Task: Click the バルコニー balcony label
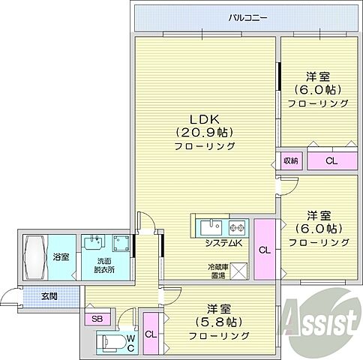coord(247,17)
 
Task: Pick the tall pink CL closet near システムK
coord(265,249)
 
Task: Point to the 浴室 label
coord(61,257)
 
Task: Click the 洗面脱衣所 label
coord(95,265)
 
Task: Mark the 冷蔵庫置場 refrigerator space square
coord(238,270)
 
